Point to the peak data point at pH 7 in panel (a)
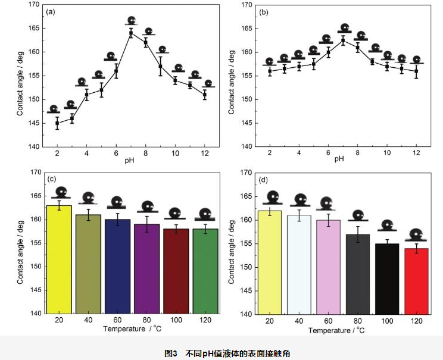pos(130,33)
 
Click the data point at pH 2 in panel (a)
pos(57,124)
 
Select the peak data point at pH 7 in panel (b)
pos(343,40)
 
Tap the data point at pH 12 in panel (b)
pos(416,71)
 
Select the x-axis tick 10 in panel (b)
pos(387,153)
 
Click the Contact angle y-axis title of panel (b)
pos(230,76)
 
